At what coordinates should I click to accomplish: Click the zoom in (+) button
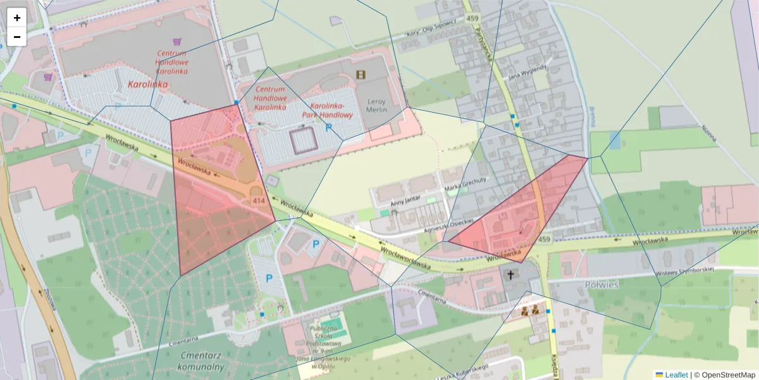[17, 18]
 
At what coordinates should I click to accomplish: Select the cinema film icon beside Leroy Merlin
[361, 75]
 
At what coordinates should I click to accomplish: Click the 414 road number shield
[258, 201]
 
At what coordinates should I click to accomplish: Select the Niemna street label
[710, 133]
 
